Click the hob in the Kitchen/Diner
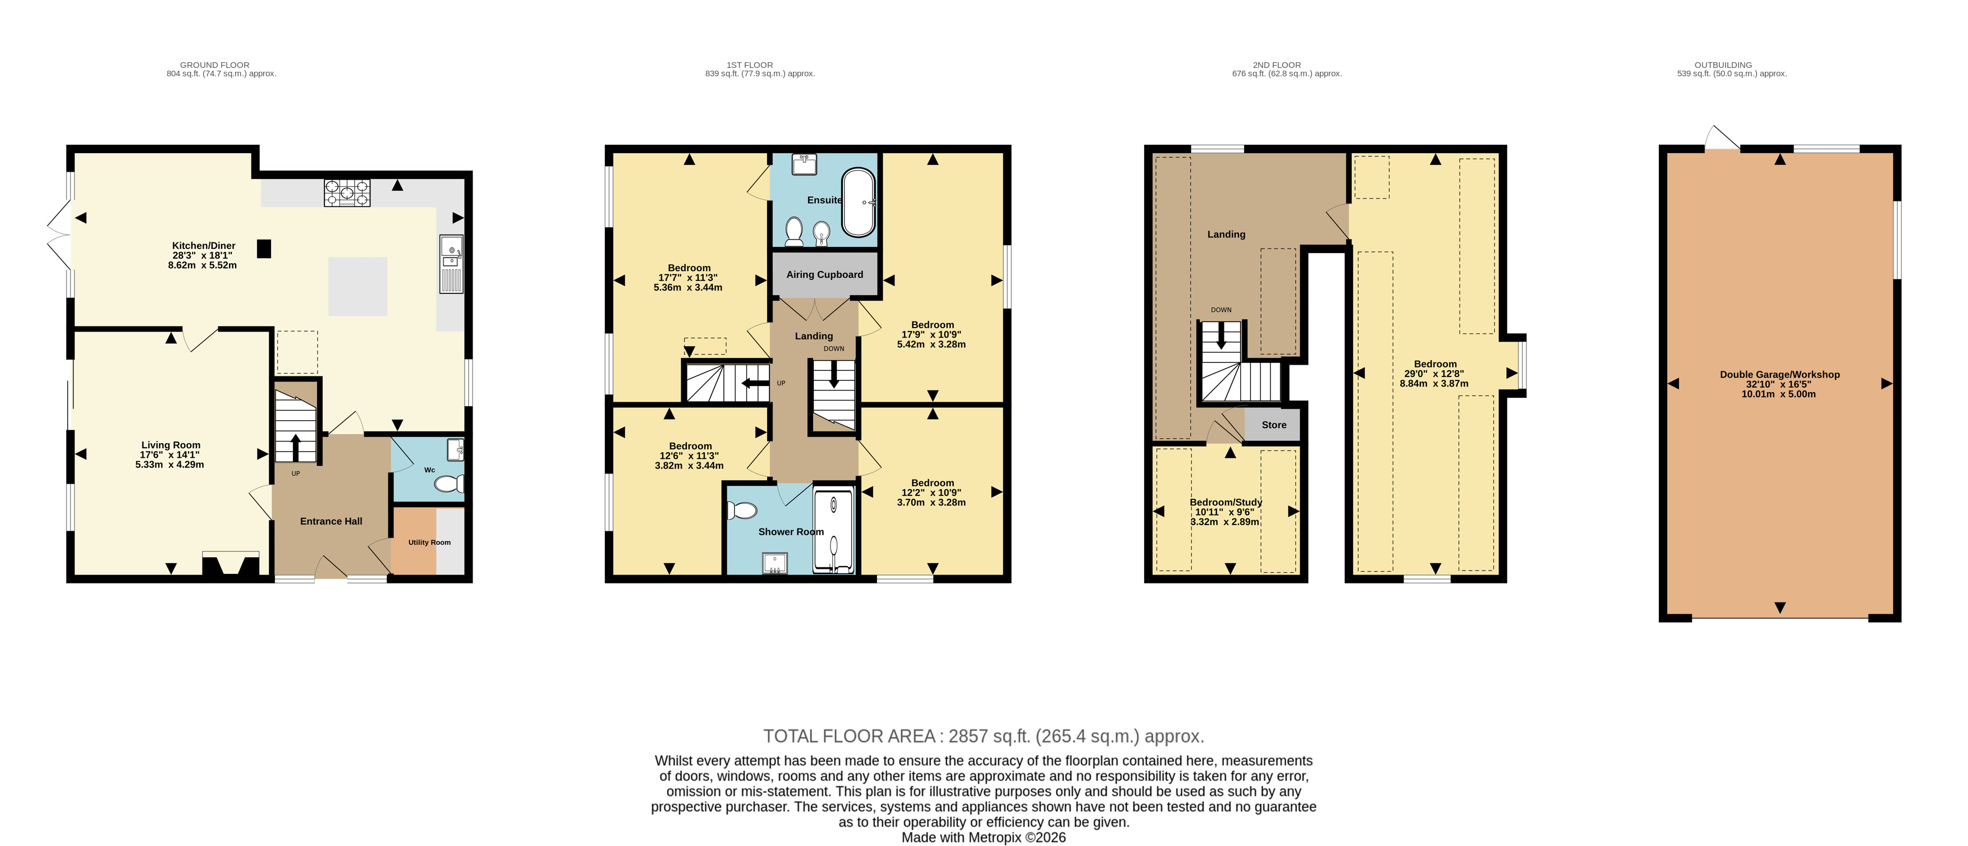click(x=347, y=193)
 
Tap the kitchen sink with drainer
click(x=451, y=264)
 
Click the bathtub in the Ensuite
click(x=859, y=203)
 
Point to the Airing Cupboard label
click(x=824, y=275)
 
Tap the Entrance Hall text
click(x=331, y=522)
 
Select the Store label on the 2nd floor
click(x=1273, y=425)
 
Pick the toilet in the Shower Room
click(x=742, y=510)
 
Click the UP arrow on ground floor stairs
click(x=296, y=448)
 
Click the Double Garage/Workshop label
click(x=1779, y=375)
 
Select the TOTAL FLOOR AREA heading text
click(x=849, y=736)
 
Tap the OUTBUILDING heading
click(x=1723, y=65)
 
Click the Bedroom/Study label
click(x=1226, y=503)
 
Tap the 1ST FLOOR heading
click(x=750, y=65)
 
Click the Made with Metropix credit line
click(x=983, y=838)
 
